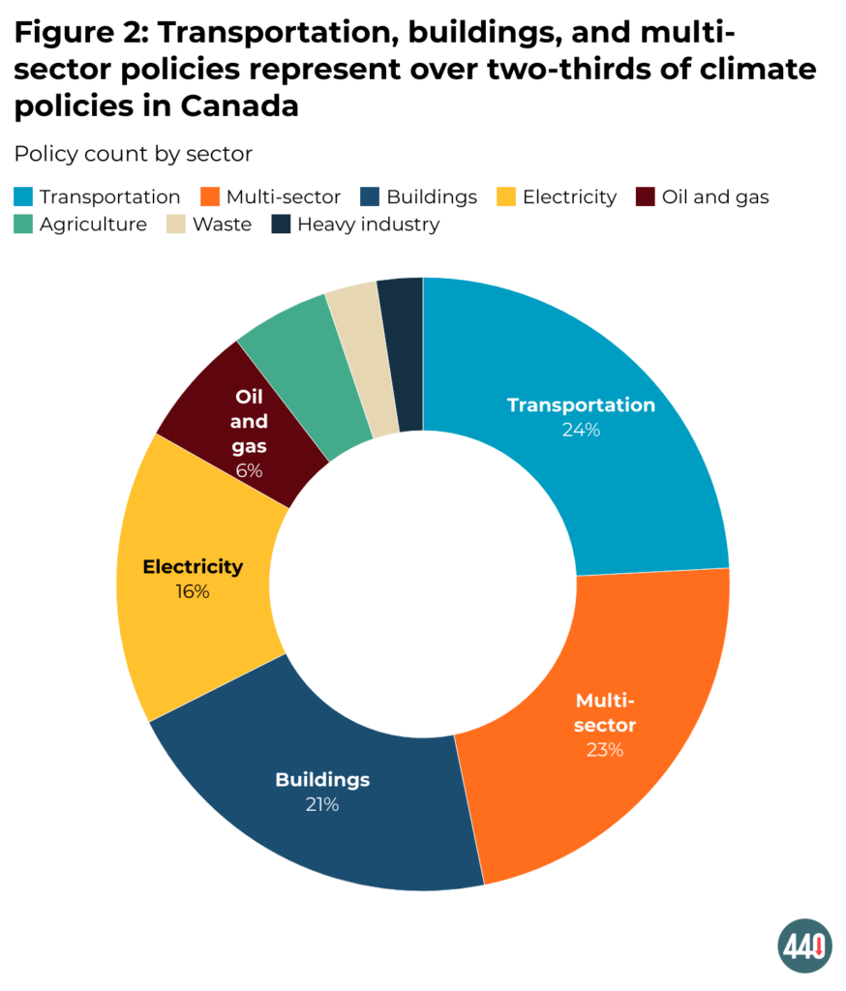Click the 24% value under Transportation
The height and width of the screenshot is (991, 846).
pos(581,431)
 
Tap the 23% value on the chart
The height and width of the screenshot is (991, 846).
pos(605,750)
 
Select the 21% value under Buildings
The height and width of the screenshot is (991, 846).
pos(321,804)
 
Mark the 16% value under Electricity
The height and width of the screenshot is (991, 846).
pos(193,591)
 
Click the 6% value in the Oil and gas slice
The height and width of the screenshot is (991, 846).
pos(249,471)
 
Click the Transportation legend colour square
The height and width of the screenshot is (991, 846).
pos(23,197)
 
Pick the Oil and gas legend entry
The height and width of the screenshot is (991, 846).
pos(714,197)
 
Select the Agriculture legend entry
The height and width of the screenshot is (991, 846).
pos(93,225)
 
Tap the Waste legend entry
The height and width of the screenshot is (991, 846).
pos(222,225)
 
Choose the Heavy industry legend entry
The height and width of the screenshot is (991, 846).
pos(368,225)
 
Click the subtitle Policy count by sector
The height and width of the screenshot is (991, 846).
pos(133,155)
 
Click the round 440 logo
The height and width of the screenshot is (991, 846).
pos(805,946)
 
